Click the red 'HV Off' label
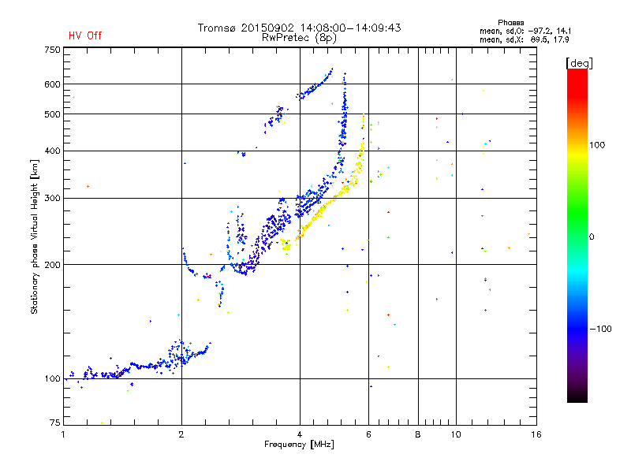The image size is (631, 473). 85,35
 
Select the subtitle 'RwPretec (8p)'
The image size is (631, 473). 299,38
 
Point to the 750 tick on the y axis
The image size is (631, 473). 52,50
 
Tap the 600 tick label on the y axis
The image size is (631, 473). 52,84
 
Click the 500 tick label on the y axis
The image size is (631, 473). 52,114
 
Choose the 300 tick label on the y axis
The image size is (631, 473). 52,199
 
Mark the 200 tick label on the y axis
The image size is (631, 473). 52,265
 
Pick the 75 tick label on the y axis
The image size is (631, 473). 54,423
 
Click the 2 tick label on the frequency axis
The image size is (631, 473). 181,434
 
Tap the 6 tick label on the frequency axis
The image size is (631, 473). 368,434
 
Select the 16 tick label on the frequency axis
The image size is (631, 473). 536,434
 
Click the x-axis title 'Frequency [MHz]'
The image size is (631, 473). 299,445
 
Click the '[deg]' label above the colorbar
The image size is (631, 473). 579,64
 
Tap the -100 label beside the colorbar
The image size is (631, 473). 600,329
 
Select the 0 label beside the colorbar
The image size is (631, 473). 592,237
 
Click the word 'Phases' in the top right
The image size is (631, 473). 510,23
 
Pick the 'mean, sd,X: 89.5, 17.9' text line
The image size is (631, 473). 524,40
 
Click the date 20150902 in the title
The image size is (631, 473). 267,28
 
